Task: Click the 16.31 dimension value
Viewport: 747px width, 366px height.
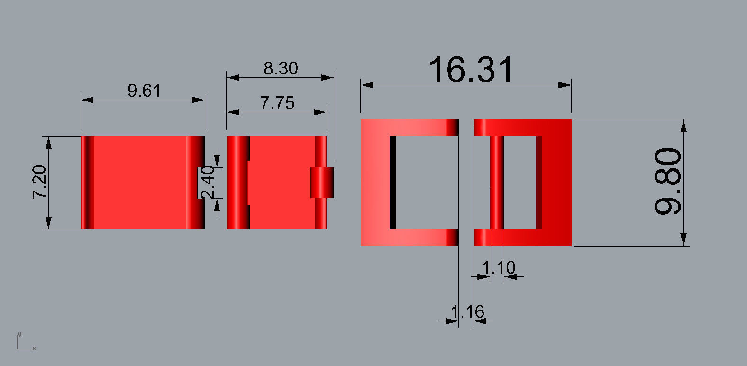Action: coord(471,70)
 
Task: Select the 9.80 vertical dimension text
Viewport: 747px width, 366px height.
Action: coord(668,182)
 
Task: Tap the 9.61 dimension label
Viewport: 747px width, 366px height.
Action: coord(144,90)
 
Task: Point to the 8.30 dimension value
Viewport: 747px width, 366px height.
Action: coord(281,68)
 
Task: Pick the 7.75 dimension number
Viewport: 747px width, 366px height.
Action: coord(277,103)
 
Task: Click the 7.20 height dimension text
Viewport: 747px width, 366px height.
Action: coord(39,182)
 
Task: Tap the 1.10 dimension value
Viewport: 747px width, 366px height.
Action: coord(498,268)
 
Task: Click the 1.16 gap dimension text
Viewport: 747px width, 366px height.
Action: coord(467,312)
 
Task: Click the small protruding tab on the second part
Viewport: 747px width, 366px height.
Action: coord(323,183)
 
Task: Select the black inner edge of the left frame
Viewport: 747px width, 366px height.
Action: coord(393,183)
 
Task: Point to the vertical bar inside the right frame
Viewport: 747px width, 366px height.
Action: coord(497,183)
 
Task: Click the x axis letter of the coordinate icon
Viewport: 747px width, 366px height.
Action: coord(34,348)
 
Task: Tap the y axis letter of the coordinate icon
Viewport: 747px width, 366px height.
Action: coord(19,334)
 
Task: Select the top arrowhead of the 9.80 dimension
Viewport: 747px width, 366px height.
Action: coord(683,126)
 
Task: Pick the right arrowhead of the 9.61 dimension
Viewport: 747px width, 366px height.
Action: coord(199,100)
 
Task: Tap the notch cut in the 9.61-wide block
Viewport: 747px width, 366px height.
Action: coord(201,183)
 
